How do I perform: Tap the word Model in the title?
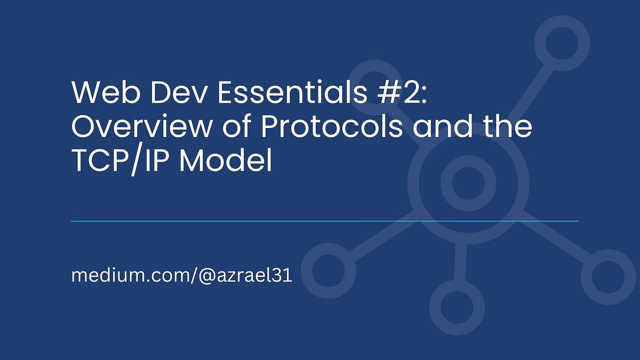coord(226,161)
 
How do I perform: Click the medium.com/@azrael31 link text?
coord(181,276)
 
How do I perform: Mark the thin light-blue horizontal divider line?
coord(324,221)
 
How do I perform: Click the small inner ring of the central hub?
coord(468,183)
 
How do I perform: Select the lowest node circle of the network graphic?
coord(457,308)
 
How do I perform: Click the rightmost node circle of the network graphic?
coord(607,277)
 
